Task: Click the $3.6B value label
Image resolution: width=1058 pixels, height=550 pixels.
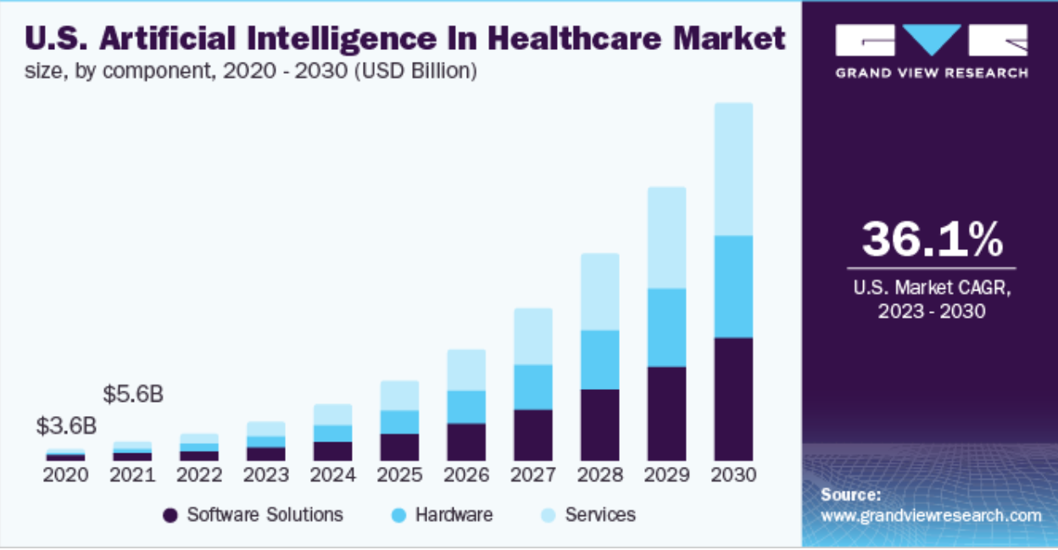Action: tap(64, 426)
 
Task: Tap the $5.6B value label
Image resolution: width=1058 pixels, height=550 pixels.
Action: tap(132, 394)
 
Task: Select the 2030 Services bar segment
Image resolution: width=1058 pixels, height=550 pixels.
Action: tap(733, 169)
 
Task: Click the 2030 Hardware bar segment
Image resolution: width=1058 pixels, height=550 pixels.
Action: tap(733, 286)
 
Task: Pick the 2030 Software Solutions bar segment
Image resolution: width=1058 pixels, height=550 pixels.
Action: tap(733, 398)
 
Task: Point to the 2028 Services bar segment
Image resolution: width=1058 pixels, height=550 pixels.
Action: tap(599, 292)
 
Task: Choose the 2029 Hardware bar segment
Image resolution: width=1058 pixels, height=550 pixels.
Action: tap(666, 327)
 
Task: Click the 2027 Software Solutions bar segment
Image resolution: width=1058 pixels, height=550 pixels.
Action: tap(532, 435)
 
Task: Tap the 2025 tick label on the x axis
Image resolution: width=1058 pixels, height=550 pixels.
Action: tap(399, 475)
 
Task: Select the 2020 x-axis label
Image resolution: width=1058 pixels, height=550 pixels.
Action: tap(65, 475)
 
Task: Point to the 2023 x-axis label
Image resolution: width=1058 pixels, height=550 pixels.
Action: tap(265, 475)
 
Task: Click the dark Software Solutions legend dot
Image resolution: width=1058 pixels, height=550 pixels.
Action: tap(170, 515)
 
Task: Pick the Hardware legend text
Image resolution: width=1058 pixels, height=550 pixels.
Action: tap(454, 514)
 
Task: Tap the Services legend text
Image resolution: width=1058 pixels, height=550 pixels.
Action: tap(600, 514)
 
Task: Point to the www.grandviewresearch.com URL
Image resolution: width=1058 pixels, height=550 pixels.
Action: tap(930, 515)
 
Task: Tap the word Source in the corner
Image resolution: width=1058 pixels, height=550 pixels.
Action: tap(850, 495)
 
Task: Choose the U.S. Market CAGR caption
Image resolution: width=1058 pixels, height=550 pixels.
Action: tap(931, 289)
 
